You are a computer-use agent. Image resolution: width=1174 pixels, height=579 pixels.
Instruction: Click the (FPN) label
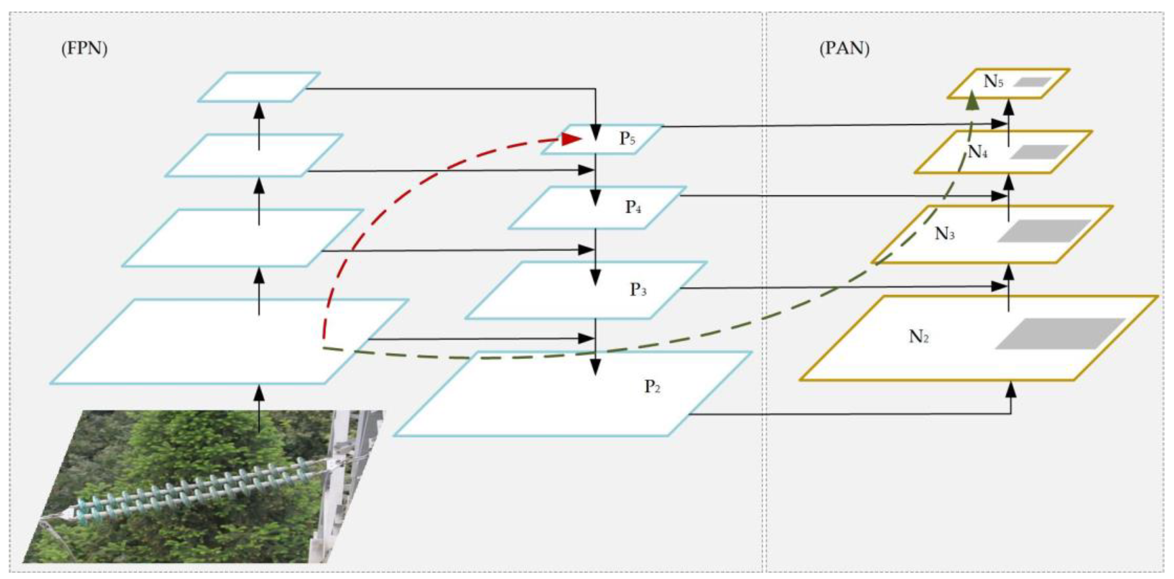point(84,48)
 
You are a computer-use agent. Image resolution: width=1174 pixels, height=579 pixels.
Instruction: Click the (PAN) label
point(844,48)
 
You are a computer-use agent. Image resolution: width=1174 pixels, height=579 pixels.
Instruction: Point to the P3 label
point(638,290)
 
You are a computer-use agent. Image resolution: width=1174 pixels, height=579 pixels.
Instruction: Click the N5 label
point(993,82)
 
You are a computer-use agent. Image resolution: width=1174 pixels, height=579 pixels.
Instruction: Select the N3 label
point(945,234)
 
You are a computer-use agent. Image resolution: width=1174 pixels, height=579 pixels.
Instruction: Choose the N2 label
point(919,337)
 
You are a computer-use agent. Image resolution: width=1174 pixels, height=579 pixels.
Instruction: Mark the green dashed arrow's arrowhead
point(973,100)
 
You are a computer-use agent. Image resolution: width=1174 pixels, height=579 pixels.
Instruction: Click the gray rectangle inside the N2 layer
point(1060,333)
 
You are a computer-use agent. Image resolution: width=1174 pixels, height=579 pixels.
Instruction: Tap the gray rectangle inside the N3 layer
point(1044,231)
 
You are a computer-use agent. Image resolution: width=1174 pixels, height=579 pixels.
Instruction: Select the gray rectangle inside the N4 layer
point(1039,152)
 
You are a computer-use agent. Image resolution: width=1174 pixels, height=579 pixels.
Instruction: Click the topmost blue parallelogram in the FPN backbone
point(259,87)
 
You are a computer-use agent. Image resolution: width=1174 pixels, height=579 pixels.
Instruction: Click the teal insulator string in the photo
point(191,494)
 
